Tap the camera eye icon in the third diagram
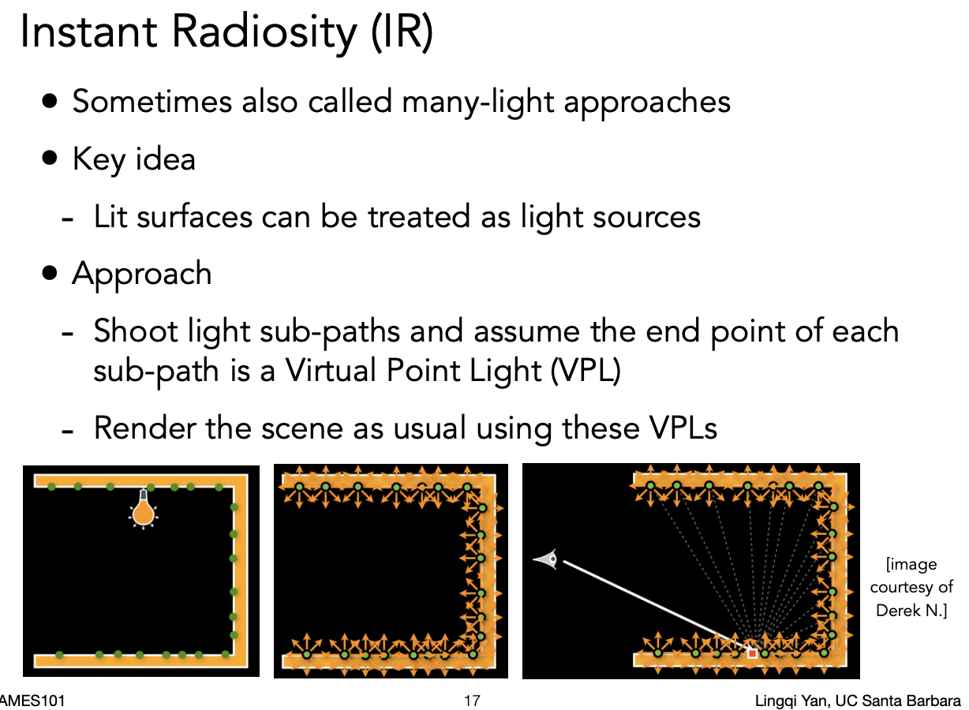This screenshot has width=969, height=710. coord(546,559)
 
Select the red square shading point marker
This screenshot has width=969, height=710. coord(752,653)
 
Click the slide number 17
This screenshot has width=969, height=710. coord(472,701)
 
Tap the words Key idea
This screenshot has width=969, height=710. coord(133,159)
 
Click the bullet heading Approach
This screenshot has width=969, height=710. coord(142,274)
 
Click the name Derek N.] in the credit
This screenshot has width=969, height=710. coord(911,610)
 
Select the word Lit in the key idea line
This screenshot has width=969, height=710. coord(110,216)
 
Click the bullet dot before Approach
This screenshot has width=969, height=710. coord(51,273)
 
